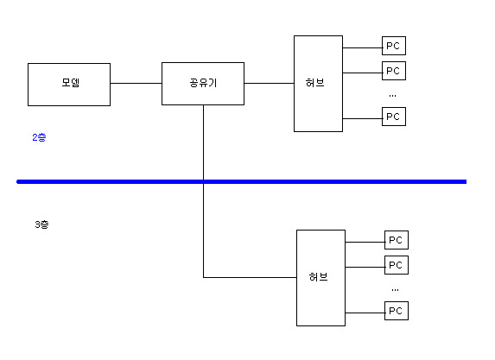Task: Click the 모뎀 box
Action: coord(69,85)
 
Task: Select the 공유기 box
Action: coord(203,84)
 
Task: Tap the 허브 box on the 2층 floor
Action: coord(318,84)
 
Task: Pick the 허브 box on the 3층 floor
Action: coord(320,278)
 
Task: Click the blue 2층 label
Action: coord(39,137)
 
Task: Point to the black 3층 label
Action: coord(41,224)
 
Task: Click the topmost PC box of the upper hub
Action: coord(394,46)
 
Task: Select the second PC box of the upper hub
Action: coord(394,71)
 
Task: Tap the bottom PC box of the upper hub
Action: coord(394,117)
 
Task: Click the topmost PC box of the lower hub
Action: coord(397,240)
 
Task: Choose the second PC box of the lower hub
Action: coord(397,265)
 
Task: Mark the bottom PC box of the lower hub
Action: coord(397,311)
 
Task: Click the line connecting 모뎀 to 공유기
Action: coord(136,83)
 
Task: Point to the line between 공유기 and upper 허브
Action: coord(269,83)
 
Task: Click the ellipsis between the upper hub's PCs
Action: coord(392,96)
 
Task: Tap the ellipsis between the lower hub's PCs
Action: coord(395,290)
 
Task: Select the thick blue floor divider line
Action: coord(242,181)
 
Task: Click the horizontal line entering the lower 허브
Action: coord(250,278)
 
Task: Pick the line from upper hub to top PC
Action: coord(363,48)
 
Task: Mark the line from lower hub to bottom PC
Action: coord(365,313)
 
